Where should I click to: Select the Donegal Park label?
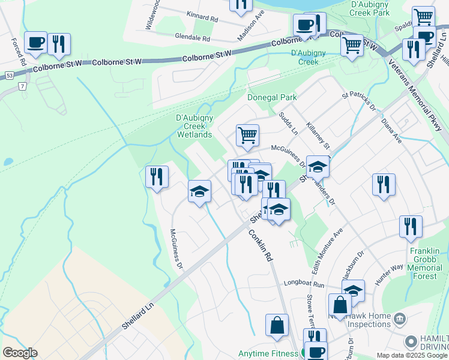coord(272,97)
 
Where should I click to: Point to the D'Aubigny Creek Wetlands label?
coord(194,126)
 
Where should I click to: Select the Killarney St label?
coord(318,134)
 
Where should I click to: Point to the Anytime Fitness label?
coord(268,353)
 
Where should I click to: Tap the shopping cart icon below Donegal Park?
coord(247,135)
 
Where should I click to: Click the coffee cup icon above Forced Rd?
coord(36,43)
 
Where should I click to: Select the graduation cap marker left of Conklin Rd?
coord(199,192)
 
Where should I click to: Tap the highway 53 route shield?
coord(10,76)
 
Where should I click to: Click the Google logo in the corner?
coord(20,353)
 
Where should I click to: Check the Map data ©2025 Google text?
coord(412,355)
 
